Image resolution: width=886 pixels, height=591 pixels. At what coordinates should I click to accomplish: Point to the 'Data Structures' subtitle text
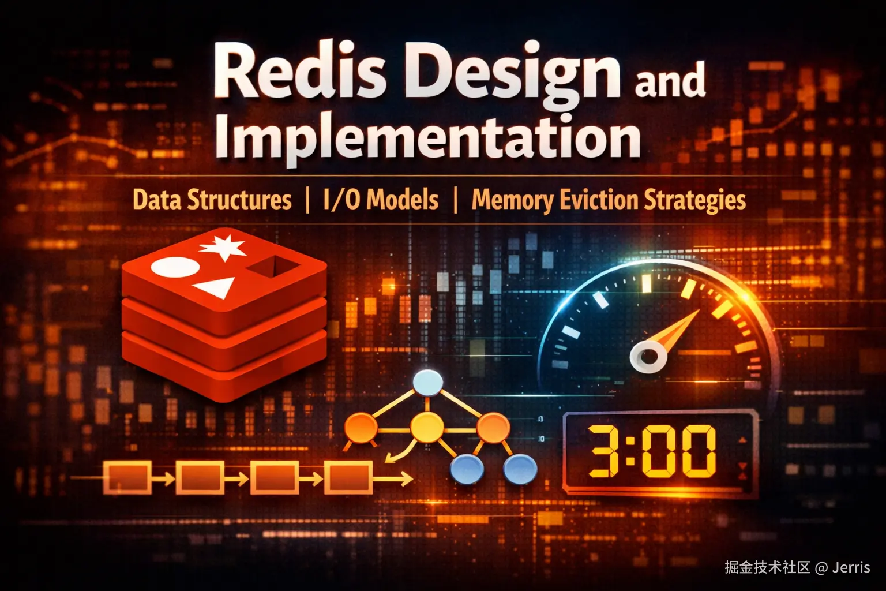pyautogui.click(x=212, y=200)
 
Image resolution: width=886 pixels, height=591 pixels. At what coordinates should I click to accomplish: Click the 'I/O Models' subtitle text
pyautogui.click(x=381, y=200)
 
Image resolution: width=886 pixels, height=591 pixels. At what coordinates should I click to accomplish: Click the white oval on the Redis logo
pyautogui.click(x=175, y=267)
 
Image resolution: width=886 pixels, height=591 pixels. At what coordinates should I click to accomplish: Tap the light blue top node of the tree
pyautogui.click(x=427, y=383)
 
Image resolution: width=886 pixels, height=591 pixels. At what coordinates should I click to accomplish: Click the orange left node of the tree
pyautogui.click(x=361, y=428)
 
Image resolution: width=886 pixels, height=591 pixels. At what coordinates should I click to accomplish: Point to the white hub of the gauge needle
pyautogui.click(x=648, y=357)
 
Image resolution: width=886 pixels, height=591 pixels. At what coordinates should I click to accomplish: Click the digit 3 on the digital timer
pyautogui.click(x=604, y=451)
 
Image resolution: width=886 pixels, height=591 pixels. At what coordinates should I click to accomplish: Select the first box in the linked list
pyautogui.click(x=127, y=478)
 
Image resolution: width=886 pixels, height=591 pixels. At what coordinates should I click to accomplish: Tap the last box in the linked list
pyautogui.click(x=348, y=477)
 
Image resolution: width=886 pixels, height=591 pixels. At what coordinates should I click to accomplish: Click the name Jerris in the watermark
pyautogui.click(x=851, y=567)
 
